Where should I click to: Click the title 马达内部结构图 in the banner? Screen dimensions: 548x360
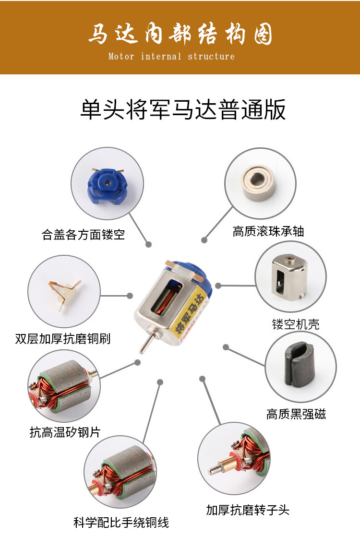(x=180, y=35)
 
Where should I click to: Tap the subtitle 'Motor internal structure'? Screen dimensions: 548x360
(x=171, y=57)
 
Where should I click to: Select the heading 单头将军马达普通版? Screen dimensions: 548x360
(x=182, y=109)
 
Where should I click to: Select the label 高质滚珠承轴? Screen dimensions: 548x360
(x=268, y=231)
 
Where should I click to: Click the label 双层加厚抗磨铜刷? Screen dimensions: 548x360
(x=62, y=338)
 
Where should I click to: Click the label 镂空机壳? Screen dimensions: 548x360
(x=295, y=324)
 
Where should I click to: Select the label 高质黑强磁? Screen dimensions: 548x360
(x=296, y=414)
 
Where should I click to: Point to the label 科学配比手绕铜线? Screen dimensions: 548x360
(x=121, y=522)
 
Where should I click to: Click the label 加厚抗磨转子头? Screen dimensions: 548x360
(x=248, y=510)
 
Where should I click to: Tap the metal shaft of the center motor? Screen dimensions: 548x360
(x=144, y=344)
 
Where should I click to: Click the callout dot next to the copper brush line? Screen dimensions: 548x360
(x=130, y=296)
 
